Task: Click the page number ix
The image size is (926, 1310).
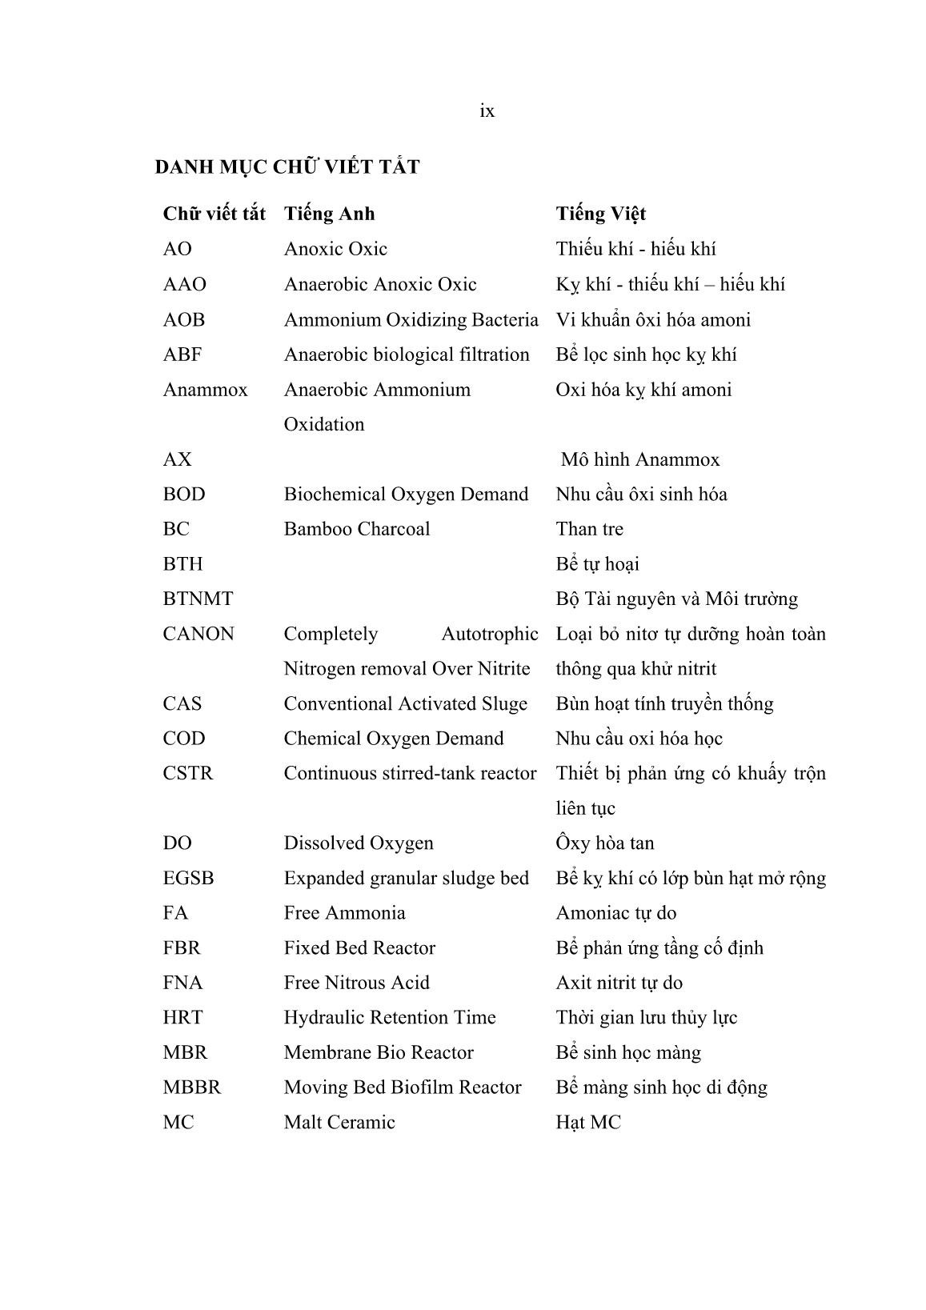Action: click(487, 111)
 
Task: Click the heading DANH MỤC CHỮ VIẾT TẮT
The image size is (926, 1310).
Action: click(287, 167)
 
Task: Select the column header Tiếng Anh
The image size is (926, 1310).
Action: click(329, 214)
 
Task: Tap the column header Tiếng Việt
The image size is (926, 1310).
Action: click(600, 214)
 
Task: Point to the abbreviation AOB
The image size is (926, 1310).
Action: click(183, 320)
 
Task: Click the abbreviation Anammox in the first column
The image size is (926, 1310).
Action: click(205, 390)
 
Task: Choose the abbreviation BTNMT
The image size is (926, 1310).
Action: click(198, 599)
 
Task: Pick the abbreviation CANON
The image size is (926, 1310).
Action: click(198, 634)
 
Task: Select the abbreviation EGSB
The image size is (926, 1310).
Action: click(188, 879)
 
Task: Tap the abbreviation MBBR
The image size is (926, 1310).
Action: click(191, 1088)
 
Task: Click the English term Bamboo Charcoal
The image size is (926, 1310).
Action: click(356, 529)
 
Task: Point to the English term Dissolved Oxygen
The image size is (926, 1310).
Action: click(358, 843)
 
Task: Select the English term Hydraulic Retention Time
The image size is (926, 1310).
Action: click(389, 1018)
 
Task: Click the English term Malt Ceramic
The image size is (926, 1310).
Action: click(339, 1123)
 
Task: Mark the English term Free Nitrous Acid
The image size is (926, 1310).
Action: click(356, 983)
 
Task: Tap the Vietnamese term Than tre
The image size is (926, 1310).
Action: click(589, 529)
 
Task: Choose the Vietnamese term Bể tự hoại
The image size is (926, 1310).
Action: click(597, 564)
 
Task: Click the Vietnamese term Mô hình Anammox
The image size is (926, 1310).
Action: click(639, 459)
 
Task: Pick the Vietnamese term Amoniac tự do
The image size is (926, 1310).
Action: click(615, 913)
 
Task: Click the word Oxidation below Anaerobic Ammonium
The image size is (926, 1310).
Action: click(323, 424)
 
